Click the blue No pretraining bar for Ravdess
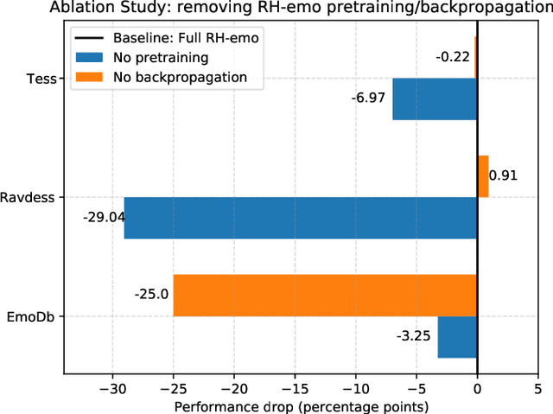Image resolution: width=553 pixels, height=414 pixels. (301, 218)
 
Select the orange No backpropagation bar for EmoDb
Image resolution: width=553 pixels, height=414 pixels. (325, 295)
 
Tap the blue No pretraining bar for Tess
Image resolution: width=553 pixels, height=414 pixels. (435, 99)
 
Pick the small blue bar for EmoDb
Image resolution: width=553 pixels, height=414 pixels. (457, 337)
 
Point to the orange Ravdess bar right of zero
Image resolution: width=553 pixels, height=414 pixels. (482, 176)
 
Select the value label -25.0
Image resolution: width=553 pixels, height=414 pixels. (151, 295)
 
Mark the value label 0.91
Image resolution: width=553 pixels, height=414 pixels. (503, 176)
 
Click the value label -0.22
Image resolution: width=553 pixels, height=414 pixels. (453, 57)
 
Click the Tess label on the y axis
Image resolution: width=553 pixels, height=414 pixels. (42, 79)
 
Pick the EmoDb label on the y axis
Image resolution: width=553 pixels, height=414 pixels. (35, 316)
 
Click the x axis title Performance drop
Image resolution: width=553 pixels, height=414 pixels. (302, 405)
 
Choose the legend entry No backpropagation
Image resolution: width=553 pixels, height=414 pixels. (181, 77)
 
